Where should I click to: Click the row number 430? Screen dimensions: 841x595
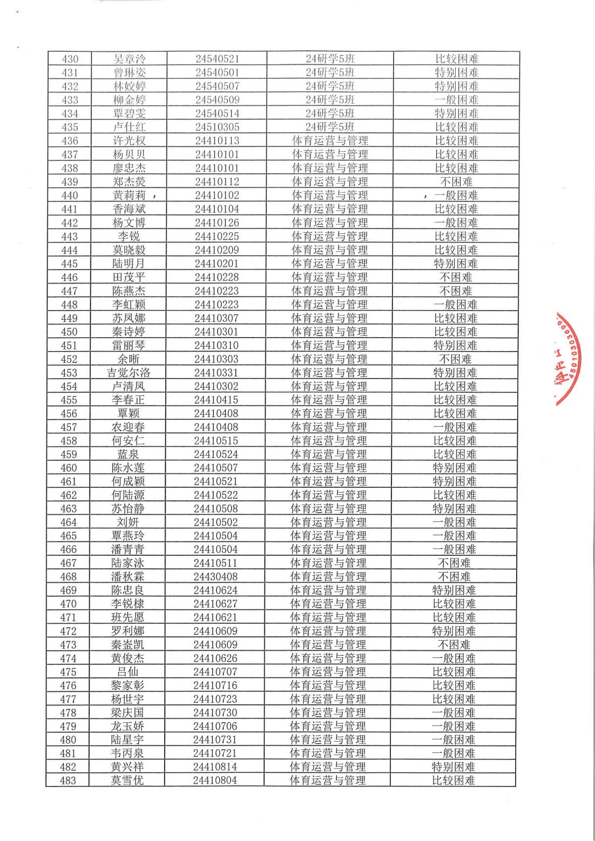70,59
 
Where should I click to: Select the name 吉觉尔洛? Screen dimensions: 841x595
129,373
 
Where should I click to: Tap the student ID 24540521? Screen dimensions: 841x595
217,59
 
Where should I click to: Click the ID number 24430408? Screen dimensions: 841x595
215,576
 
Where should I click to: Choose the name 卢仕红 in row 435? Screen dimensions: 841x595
129,127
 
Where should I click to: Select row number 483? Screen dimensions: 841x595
68,780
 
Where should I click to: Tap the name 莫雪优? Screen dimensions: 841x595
127,780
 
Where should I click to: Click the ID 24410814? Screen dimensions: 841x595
215,766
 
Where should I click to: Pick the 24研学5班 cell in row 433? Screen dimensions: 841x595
330,100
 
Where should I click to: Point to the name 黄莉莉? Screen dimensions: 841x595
129,196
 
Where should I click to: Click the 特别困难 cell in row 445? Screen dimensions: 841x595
456,264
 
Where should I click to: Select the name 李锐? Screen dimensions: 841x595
129,236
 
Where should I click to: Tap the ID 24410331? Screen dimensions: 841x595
216,373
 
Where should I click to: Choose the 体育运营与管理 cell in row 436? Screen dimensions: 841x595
330,141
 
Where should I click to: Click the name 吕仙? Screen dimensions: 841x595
127,671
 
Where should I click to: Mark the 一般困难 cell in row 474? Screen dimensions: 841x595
454,658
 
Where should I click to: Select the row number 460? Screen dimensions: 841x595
69,468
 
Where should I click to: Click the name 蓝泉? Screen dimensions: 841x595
128,454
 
